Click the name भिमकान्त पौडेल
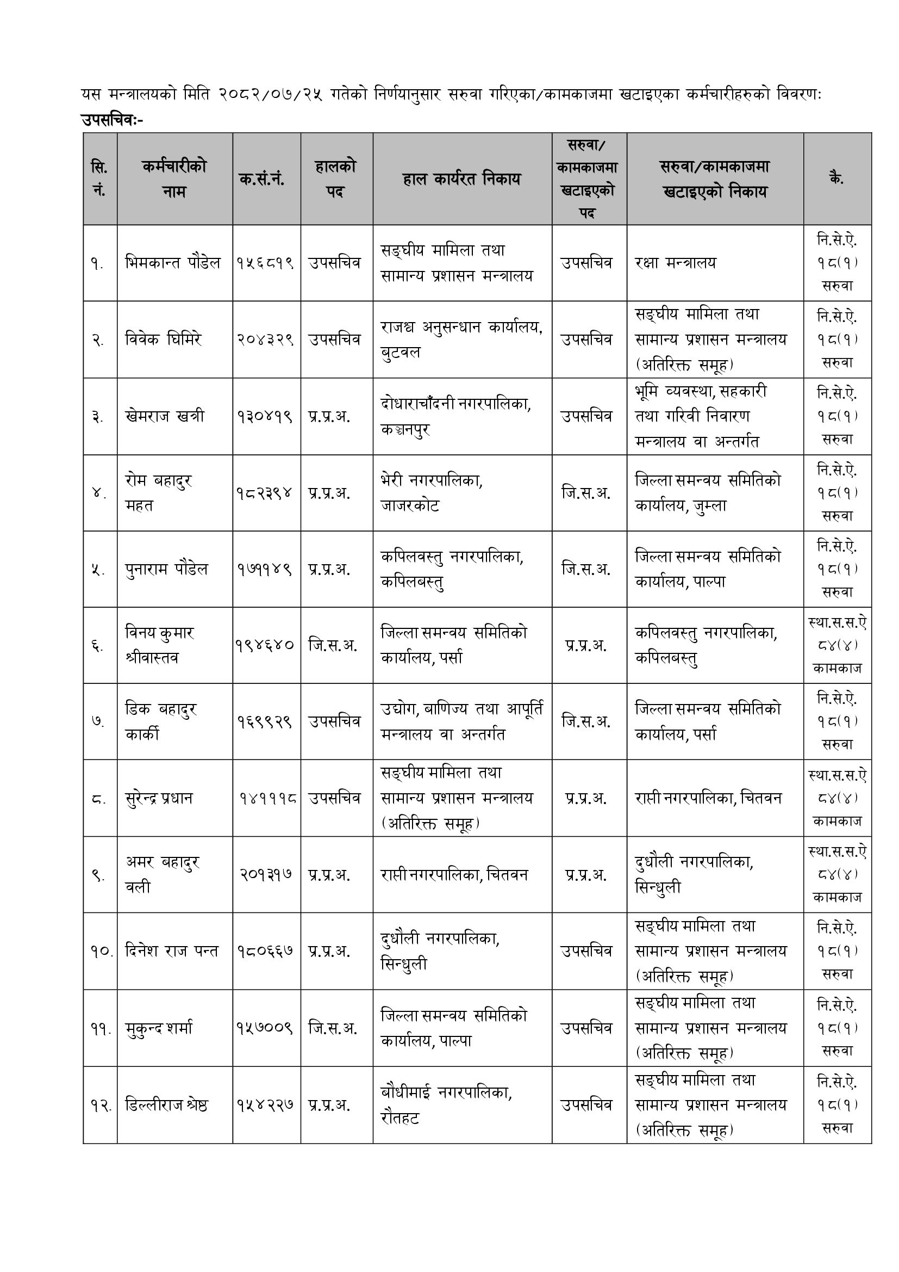tap(173, 263)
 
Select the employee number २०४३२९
tap(265, 339)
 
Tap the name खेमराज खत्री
tap(165, 416)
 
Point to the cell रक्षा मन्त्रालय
tap(676, 263)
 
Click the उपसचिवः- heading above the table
tap(112, 120)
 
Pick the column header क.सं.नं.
tap(262, 179)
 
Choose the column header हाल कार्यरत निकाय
tap(461, 179)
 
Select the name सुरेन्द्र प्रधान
tap(159, 798)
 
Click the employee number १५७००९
tap(265, 1028)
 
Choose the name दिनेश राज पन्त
tap(172, 951)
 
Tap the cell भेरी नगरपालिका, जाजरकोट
tap(432, 492)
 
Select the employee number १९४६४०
tap(265, 645)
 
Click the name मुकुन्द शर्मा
tap(159, 1028)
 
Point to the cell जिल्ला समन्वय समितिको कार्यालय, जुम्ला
tap(708, 492)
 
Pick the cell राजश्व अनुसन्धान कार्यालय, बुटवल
tap(461, 339)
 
